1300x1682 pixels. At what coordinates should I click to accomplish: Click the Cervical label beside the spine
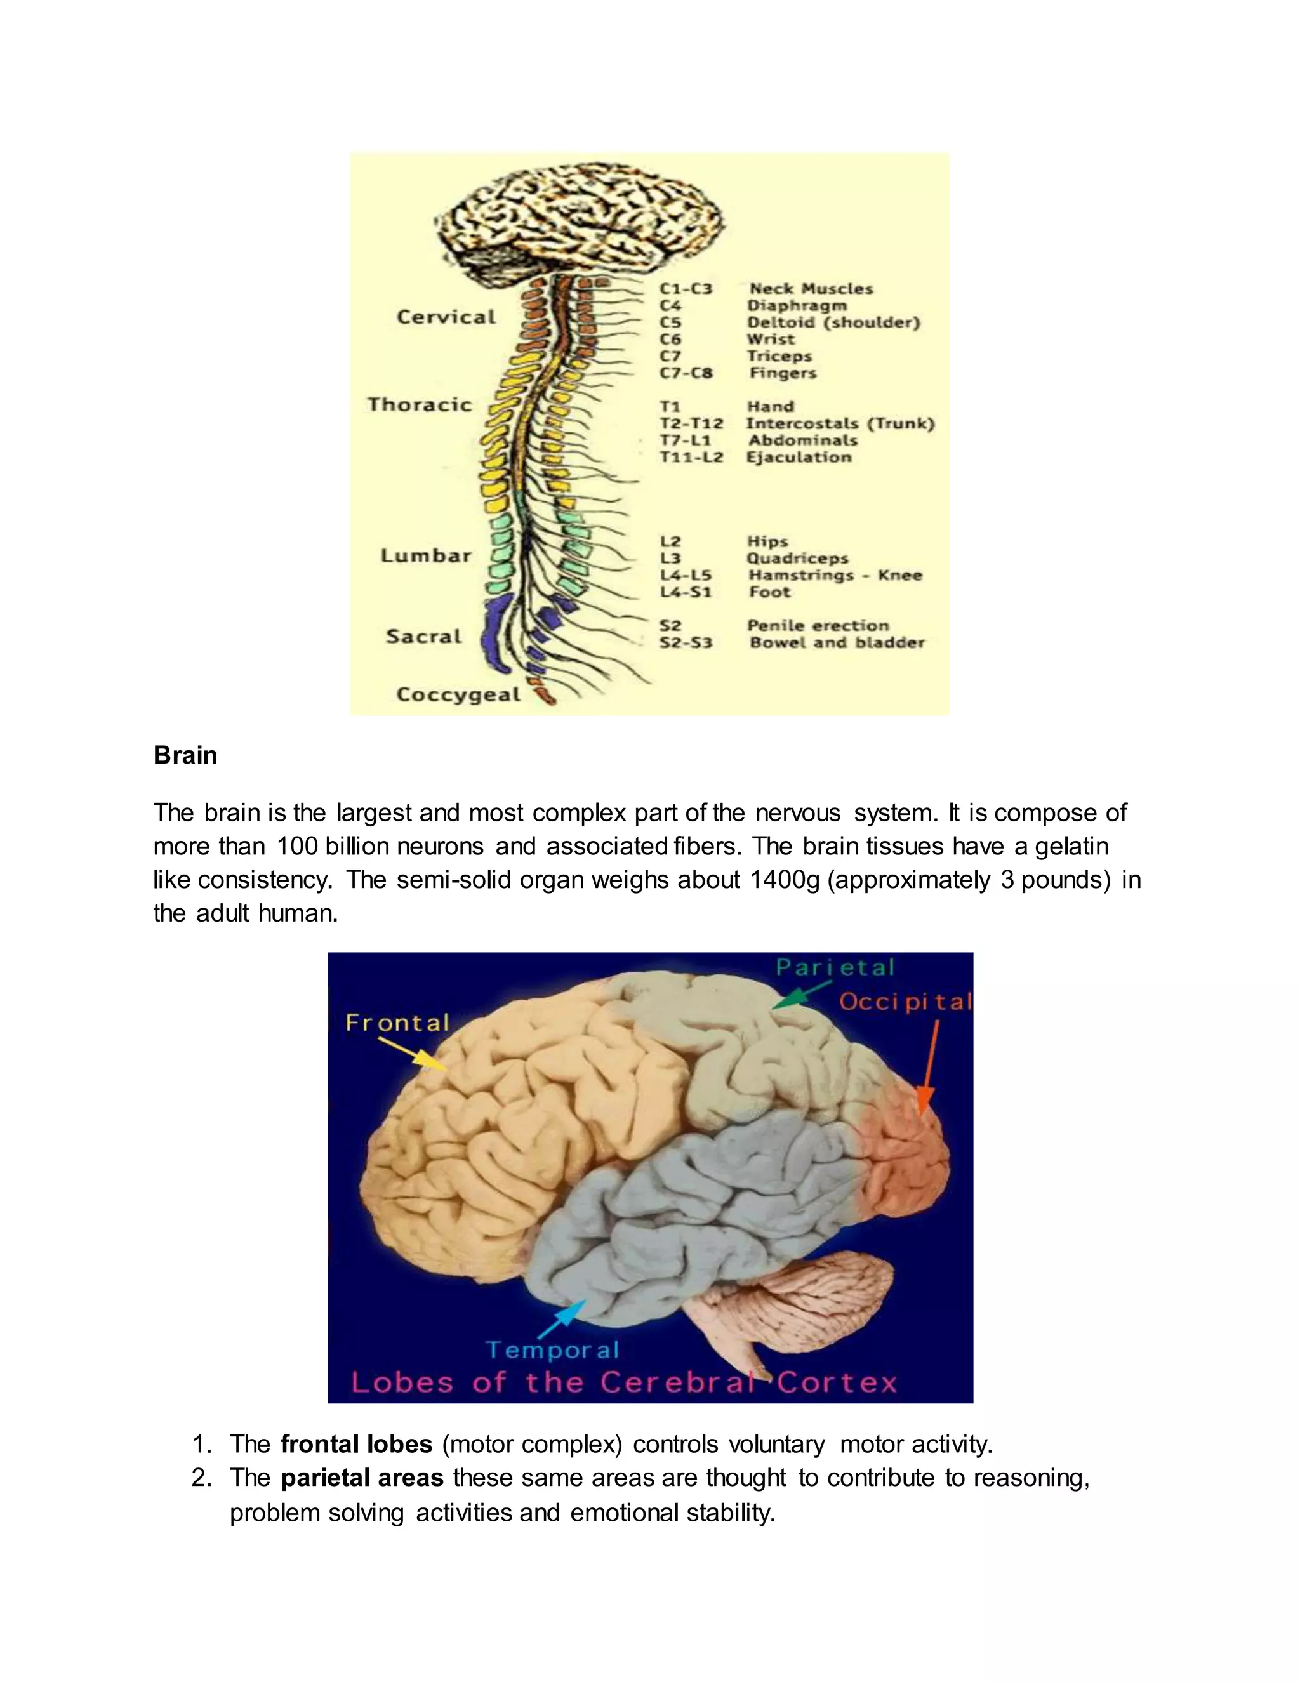(446, 317)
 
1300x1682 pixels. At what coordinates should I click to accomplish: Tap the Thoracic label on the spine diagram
(419, 405)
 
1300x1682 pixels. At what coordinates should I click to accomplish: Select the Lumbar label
(426, 555)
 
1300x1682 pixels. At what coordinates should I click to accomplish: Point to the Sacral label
(423, 636)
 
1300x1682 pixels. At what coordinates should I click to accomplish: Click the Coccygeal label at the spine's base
(458, 694)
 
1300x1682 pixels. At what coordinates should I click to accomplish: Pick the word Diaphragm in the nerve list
(797, 306)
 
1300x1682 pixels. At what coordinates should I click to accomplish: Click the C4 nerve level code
(670, 306)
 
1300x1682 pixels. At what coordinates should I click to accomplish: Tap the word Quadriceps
(797, 559)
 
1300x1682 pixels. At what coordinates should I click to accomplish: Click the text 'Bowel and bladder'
(837, 642)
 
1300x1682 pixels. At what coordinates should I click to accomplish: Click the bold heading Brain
(185, 755)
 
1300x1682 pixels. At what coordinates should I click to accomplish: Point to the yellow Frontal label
(397, 1023)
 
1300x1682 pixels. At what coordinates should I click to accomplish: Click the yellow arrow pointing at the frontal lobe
(413, 1054)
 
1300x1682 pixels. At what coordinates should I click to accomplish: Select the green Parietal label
(835, 967)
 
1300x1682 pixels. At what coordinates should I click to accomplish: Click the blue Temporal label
(552, 1350)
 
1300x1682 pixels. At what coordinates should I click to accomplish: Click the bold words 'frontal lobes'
(356, 1444)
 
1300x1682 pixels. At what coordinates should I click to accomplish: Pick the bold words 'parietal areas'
(362, 1478)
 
